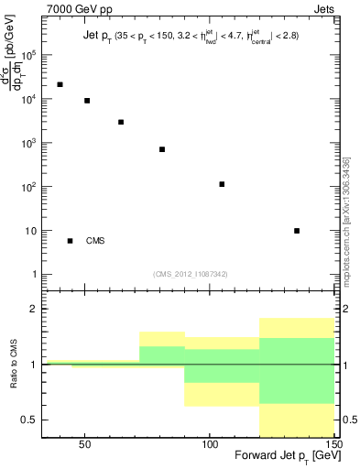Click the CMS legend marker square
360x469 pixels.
[x=71, y=241]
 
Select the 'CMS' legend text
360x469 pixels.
[x=95, y=242]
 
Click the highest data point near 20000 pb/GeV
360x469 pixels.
[x=60, y=84]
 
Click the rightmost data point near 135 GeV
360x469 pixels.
[x=297, y=231]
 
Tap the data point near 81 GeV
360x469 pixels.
[x=162, y=149]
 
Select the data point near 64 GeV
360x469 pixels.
[x=121, y=122]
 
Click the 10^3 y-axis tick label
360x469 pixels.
[x=29, y=144]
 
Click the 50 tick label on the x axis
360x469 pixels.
[x=84, y=442]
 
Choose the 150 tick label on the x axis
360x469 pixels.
[x=333, y=442]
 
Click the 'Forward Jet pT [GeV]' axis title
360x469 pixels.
[x=287, y=456]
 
